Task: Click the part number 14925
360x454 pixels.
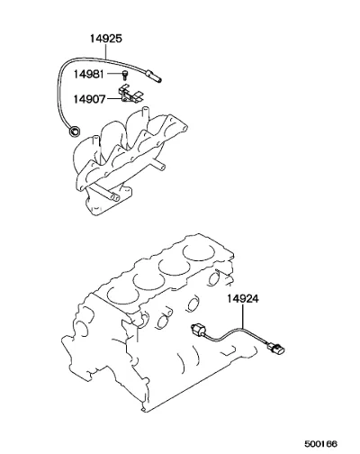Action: [x=106, y=39]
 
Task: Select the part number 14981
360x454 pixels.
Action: [x=89, y=74]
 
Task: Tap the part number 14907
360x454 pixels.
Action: [x=90, y=99]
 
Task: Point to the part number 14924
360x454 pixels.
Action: [x=242, y=299]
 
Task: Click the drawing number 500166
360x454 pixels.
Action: [x=321, y=443]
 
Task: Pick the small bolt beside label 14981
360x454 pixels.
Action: [x=124, y=75]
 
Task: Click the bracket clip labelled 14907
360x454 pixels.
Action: [x=130, y=95]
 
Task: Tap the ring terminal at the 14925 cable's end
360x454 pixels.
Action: [x=74, y=132]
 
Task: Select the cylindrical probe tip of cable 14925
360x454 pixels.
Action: [x=154, y=76]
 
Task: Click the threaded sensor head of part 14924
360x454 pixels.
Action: [x=199, y=329]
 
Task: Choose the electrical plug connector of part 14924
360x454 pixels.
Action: [x=276, y=350]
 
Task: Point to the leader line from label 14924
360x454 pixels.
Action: [x=242, y=316]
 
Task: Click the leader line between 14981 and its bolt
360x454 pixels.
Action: [x=113, y=74]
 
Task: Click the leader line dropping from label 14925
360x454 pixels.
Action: [x=106, y=50]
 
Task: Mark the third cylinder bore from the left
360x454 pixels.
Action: [x=174, y=267]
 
